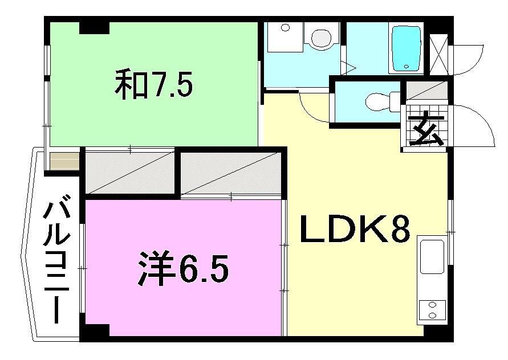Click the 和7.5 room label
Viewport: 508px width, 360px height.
(x=154, y=85)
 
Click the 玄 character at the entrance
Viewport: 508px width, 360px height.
(x=426, y=132)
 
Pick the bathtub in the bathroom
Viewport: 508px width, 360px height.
(x=406, y=48)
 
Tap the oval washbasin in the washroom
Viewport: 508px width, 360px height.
(x=320, y=38)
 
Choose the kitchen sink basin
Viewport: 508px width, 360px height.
(x=432, y=256)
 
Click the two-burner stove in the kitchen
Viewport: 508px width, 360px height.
(x=432, y=309)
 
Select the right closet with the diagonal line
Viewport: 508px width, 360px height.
(x=231, y=172)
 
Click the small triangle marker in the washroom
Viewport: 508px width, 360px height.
(x=349, y=68)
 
